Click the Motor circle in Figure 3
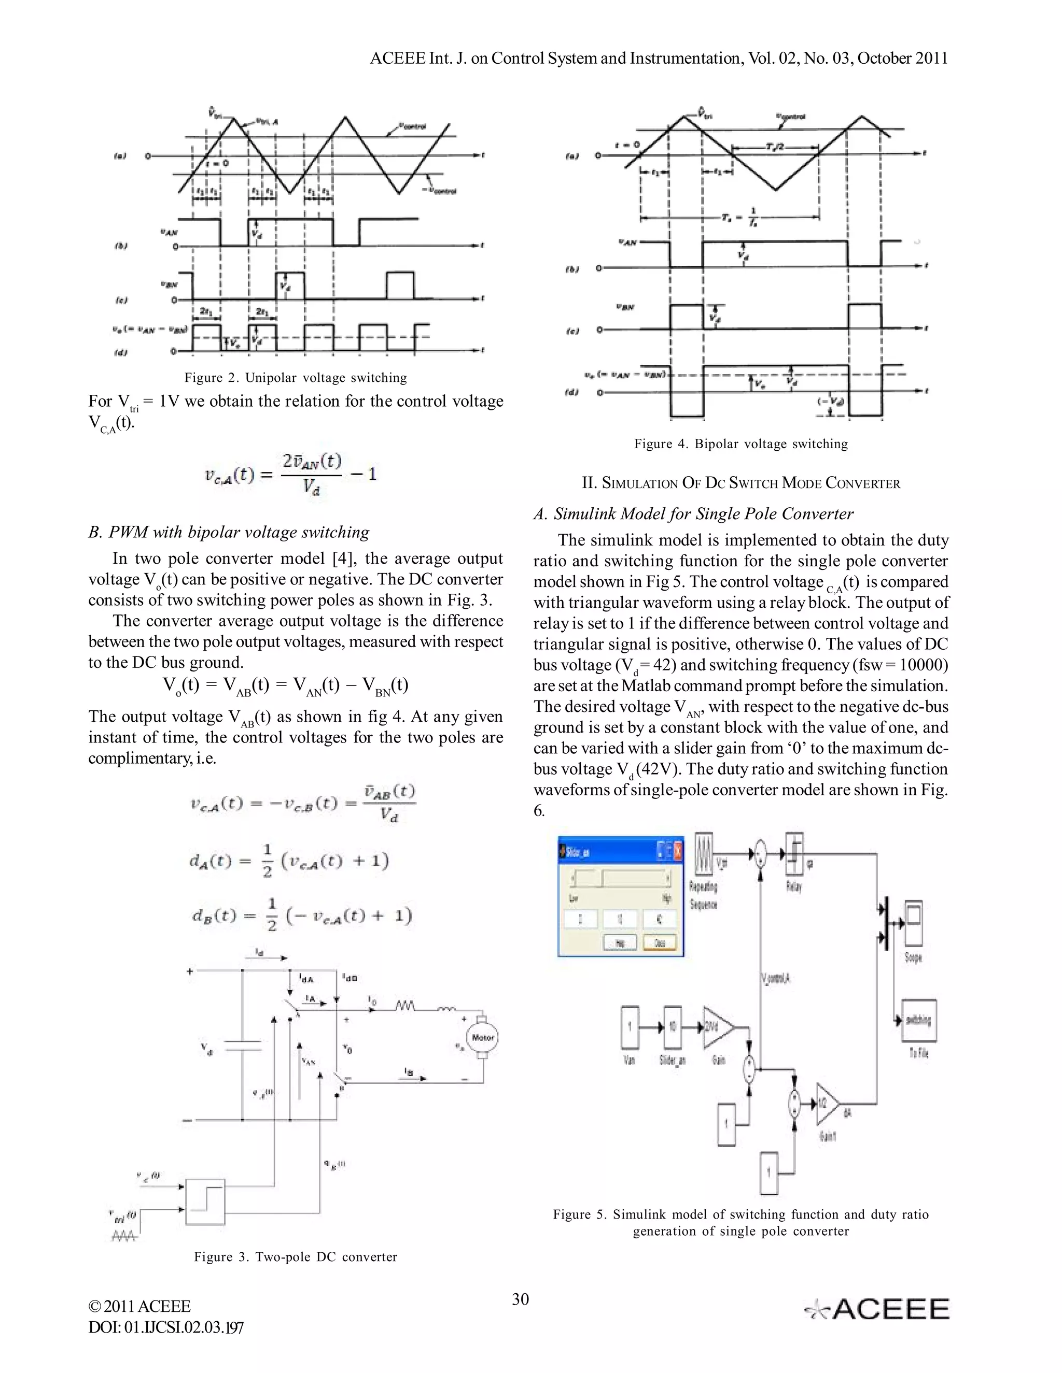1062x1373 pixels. [483, 1037]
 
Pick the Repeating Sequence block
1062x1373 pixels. [704, 854]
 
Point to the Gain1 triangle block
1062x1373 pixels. [827, 1105]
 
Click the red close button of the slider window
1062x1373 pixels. [678, 852]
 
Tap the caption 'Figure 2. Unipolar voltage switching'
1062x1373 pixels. [296, 378]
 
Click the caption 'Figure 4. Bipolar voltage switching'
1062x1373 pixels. [740, 444]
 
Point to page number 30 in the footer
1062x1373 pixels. [520, 1299]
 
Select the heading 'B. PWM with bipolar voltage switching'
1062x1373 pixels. [229, 533]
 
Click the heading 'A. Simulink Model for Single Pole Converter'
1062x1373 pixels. [693, 514]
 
